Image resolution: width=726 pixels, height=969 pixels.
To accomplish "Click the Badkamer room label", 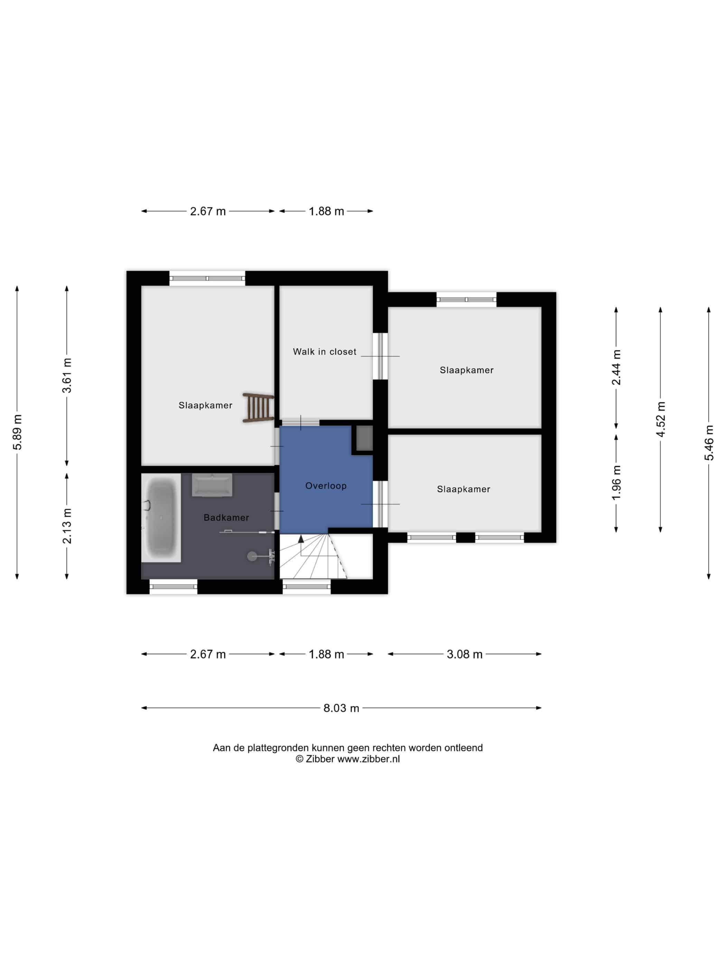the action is (x=226, y=517).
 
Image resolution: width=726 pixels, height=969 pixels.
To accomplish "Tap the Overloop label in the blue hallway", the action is (x=326, y=486).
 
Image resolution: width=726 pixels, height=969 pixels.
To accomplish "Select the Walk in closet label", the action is (x=325, y=352).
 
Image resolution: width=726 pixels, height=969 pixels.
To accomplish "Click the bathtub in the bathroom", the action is (x=161, y=518).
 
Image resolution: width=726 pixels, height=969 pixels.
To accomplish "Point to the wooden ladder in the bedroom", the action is (x=258, y=408).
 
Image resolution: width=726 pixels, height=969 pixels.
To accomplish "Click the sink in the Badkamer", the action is (x=212, y=485).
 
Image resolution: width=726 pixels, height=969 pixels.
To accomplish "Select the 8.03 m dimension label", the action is (x=341, y=708).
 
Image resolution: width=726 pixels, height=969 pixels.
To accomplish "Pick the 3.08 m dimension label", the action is (x=464, y=654).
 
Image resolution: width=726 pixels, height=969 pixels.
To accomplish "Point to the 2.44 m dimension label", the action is (x=616, y=368).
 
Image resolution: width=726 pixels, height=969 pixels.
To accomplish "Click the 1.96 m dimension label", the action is (x=616, y=483).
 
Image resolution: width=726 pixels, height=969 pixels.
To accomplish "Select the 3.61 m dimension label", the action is (x=67, y=375).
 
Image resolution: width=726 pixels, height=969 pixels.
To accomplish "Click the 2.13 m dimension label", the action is (x=67, y=526).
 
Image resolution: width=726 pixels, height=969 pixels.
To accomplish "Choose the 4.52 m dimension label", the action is (x=661, y=419).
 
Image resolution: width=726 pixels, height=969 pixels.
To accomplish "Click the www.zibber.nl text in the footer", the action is (x=369, y=759).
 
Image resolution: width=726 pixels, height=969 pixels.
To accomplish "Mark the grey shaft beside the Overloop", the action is (x=364, y=438).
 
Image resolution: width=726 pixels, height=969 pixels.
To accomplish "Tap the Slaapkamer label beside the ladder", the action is (x=205, y=406).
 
